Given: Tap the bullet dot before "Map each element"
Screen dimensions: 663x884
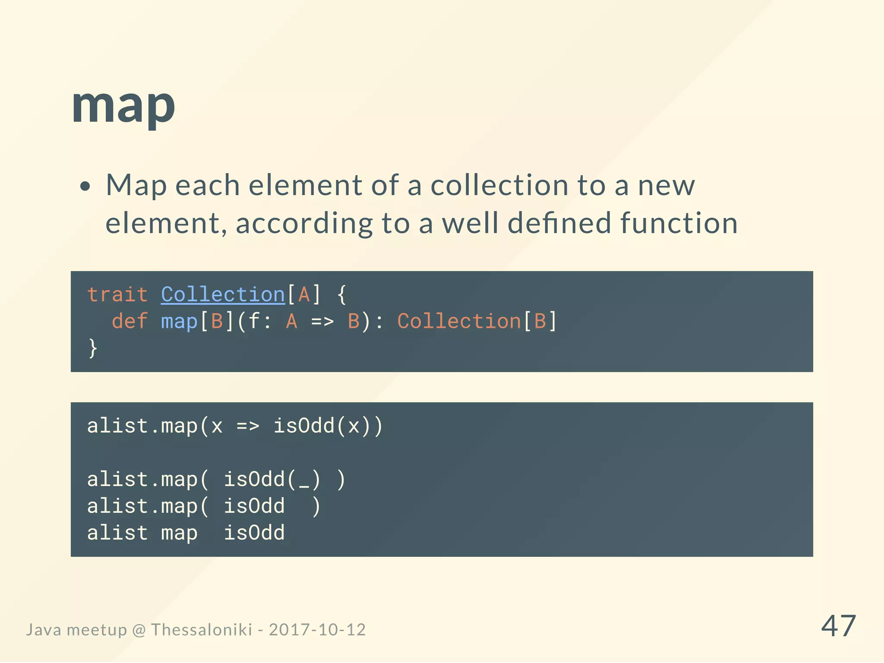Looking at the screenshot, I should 85,186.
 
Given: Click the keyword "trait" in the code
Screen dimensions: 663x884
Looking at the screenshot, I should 117,295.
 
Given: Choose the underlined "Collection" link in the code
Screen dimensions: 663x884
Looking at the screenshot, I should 223,295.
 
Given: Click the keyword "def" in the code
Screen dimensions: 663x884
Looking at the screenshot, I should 129,322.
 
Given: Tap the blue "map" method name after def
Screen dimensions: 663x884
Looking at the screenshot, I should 179,322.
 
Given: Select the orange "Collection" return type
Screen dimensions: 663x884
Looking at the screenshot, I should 459,322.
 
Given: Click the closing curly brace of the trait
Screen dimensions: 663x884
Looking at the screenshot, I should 93,348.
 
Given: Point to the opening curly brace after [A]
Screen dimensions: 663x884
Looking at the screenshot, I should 342,295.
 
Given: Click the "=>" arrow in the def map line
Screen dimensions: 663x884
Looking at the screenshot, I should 322,322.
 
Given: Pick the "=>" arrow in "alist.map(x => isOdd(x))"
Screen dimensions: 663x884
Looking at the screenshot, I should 248,426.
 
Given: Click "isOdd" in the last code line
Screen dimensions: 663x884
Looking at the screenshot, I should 254,533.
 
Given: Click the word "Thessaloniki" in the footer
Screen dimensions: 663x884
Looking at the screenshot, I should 201,630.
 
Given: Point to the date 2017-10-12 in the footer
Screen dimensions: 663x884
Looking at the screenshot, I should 317,630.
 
